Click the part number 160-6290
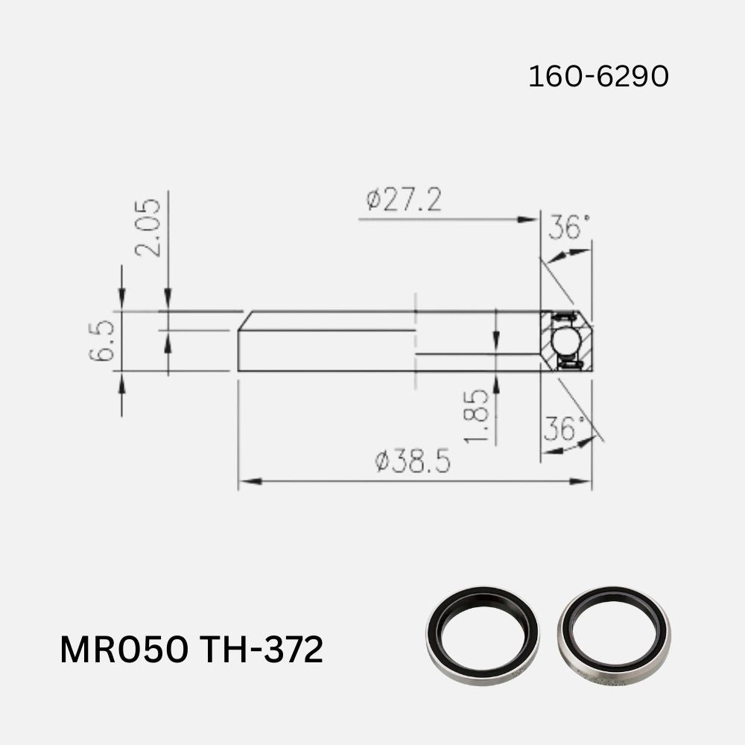[x=598, y=76]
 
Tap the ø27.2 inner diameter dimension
[x=403, y=200]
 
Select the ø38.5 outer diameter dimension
[x=413, y=462]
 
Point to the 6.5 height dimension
[x=101, y=340]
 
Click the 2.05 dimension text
[x=149, y=227]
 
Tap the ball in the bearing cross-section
[x=565, y=340]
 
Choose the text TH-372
[x=261, y=650]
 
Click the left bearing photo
[x=482, y=635]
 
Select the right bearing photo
[x=614, y=635]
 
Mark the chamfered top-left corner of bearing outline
[x=245, y=320]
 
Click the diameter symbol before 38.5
[x=382, y=463]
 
